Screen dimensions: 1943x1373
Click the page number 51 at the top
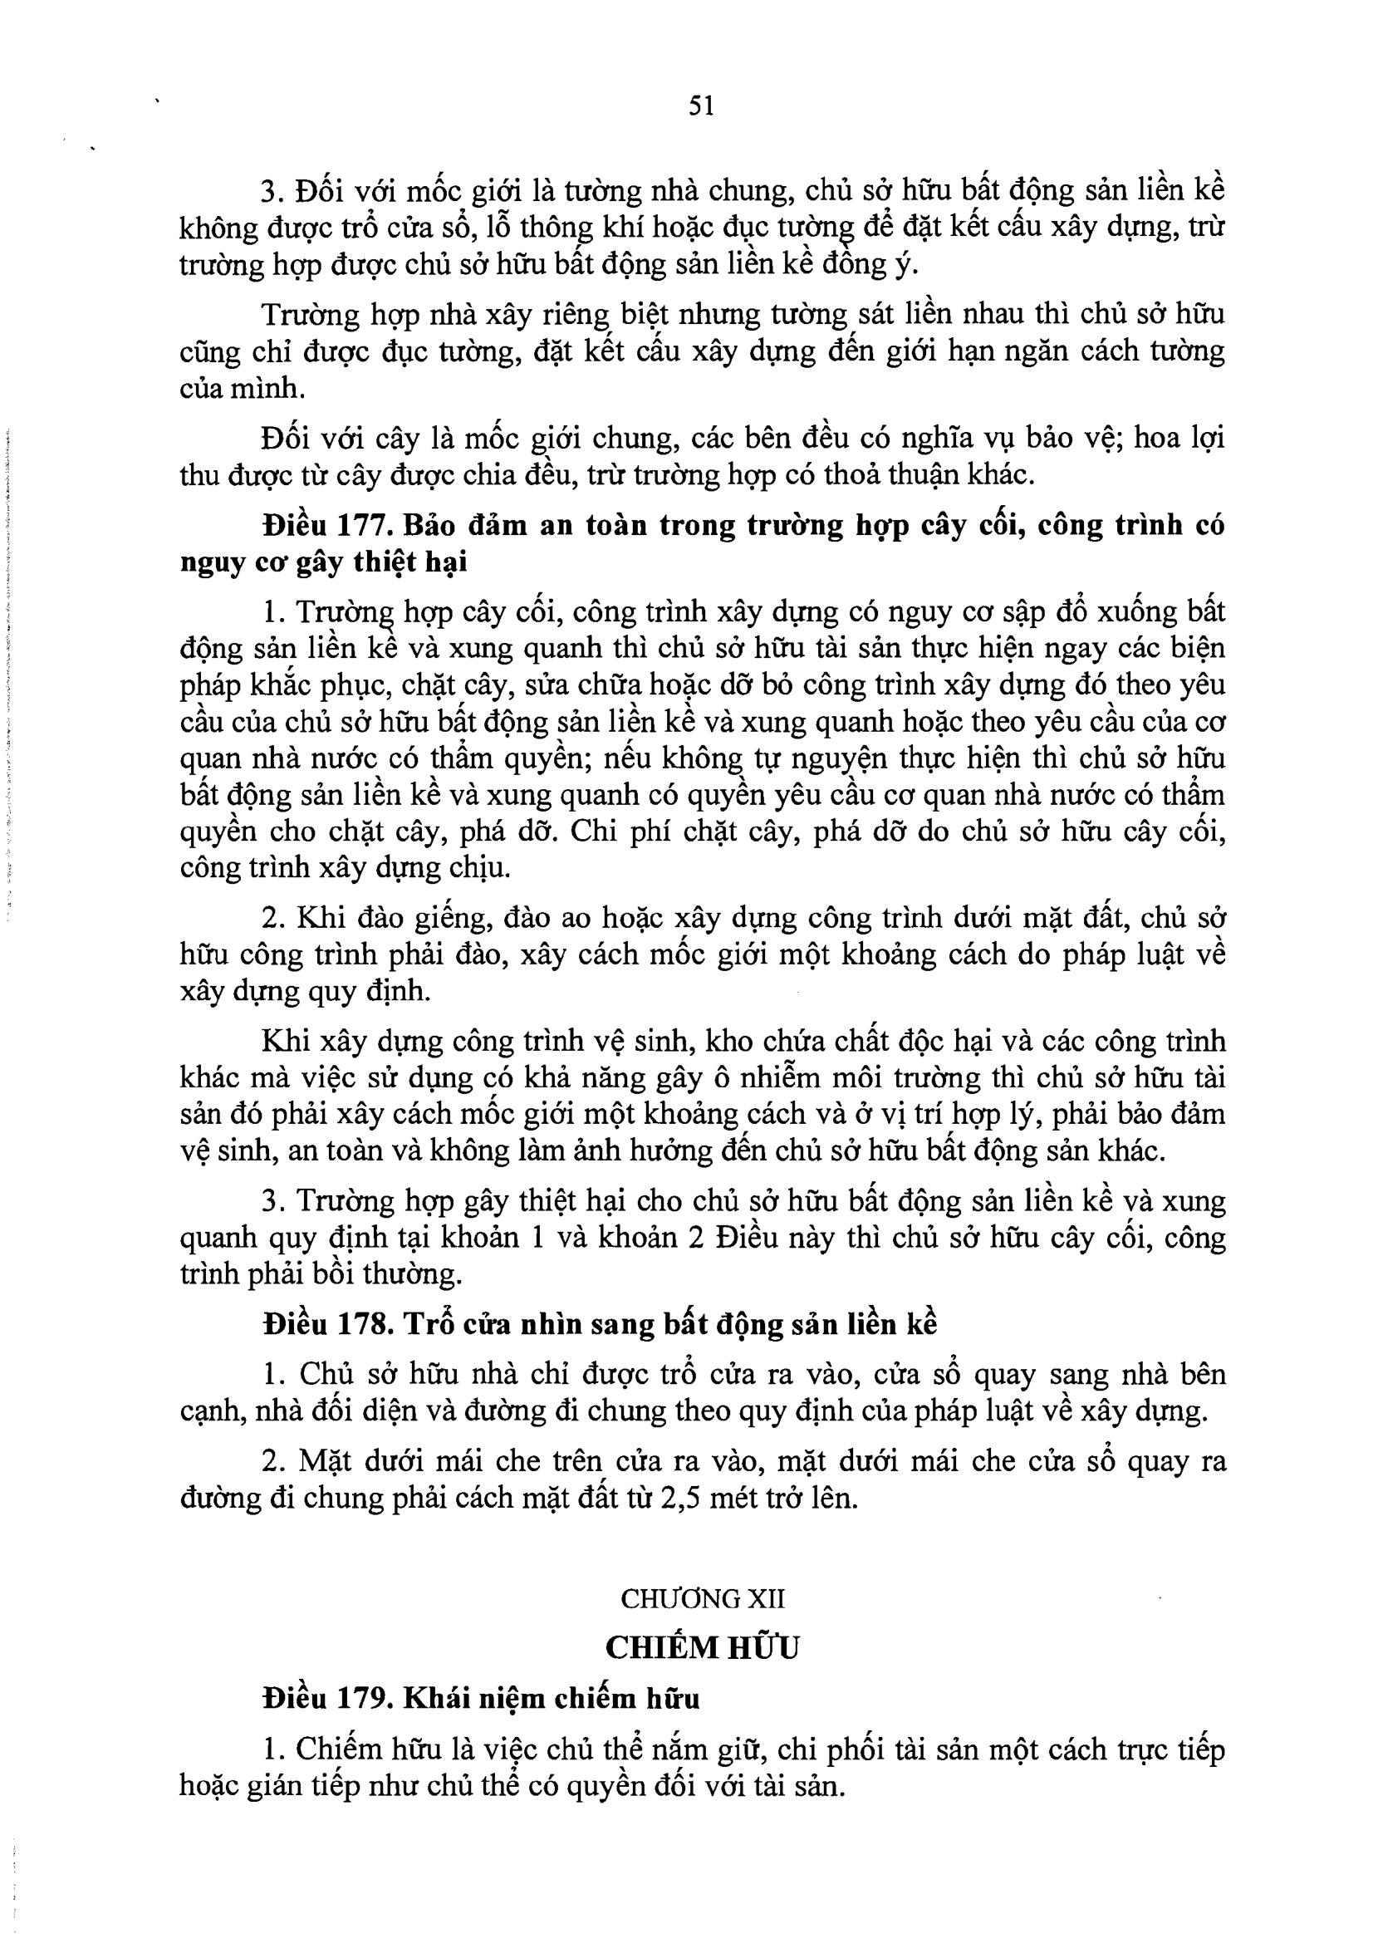[x=701, y=105]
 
